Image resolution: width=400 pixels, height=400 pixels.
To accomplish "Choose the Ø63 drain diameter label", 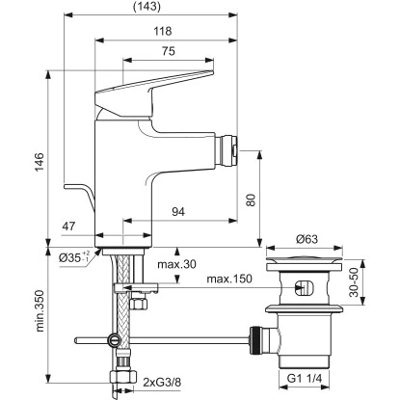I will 307,238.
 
